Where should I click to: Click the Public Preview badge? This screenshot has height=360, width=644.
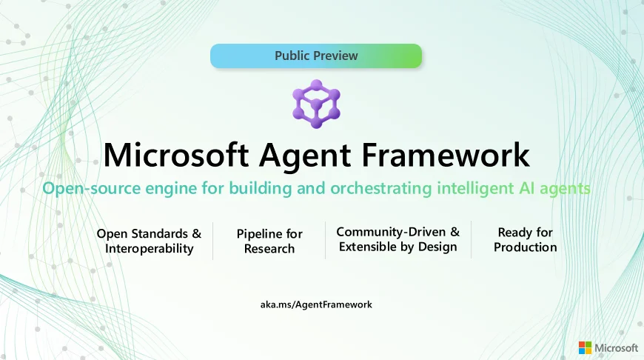316,56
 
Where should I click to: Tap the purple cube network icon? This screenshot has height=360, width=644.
316,104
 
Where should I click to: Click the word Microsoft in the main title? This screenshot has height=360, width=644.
175,155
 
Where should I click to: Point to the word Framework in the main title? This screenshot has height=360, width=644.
446,155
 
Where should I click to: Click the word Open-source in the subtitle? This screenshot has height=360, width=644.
92,189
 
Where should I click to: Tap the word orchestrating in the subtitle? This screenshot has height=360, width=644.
381,189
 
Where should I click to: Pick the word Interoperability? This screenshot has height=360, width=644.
149,249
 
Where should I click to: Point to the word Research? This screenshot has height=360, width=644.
269,249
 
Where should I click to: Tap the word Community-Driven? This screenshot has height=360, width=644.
391,232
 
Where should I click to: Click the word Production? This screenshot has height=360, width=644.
526,247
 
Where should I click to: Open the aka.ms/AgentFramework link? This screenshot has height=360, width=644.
316,304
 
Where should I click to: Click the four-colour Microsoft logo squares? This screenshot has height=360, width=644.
586,347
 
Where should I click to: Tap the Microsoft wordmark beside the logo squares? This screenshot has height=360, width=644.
617,348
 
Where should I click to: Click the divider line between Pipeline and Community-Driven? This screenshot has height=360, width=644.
325,241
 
